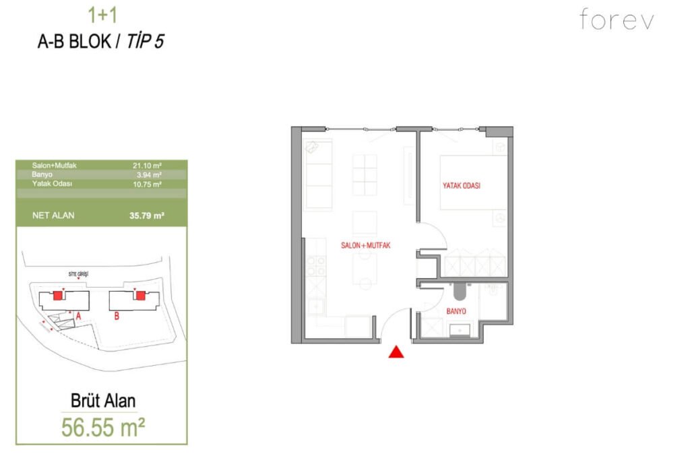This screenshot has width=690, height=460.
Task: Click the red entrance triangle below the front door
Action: pyautogui.click(x=396, y=352)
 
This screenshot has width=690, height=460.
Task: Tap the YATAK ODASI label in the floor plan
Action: pyautogui.click(x=462, y=186)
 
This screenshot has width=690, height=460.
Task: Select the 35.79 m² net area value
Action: pyautogui.click(x=147, y=216)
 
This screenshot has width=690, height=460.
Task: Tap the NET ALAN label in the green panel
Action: pyautogui.click(x=54, y=216)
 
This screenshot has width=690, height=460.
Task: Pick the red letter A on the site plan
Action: pyautogui.click(x=78, y=315)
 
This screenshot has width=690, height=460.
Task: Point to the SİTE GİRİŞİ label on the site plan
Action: pyautogui.click(x=78, y=275)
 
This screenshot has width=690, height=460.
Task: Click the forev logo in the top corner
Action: pyautogui.click(x=617, y=20)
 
